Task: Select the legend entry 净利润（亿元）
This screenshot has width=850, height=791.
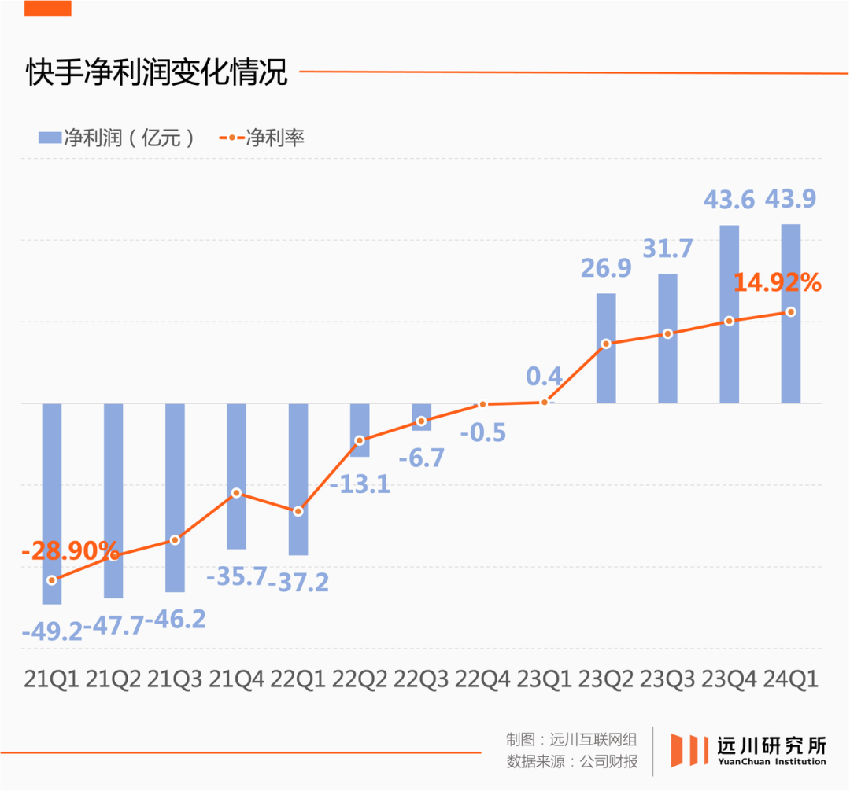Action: pos(116,138)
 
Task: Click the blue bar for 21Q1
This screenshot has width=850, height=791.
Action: pos(52,503)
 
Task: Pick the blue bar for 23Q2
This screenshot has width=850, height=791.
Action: pos(606,348)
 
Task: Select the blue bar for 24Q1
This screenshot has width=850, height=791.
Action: pos(791,315)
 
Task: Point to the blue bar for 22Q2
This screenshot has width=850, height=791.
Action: pos(360,429)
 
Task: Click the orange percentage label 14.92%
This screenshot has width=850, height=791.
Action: pos(778,282)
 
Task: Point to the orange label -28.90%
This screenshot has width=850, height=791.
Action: pos(70,551)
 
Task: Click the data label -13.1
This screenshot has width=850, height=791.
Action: pos(360,484)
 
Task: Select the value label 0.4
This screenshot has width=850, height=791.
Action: pos(545,376)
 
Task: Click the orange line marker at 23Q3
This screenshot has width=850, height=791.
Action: pos(667,334)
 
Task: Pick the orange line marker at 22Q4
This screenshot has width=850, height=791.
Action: pos(483,404)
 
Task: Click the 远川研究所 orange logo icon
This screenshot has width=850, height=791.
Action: pos(686,750)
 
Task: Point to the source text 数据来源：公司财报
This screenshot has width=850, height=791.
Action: pos(572,761)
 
